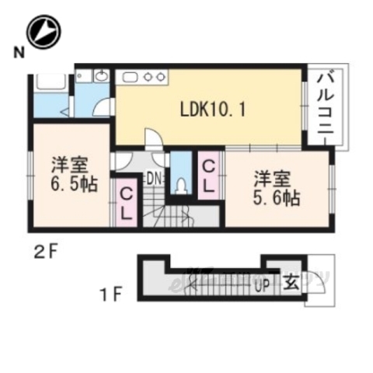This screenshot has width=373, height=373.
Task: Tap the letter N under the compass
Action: (x=17, y=53)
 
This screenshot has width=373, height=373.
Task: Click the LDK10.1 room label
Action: (x=214, y=110)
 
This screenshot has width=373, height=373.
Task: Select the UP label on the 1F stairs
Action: (x=262, y=284)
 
